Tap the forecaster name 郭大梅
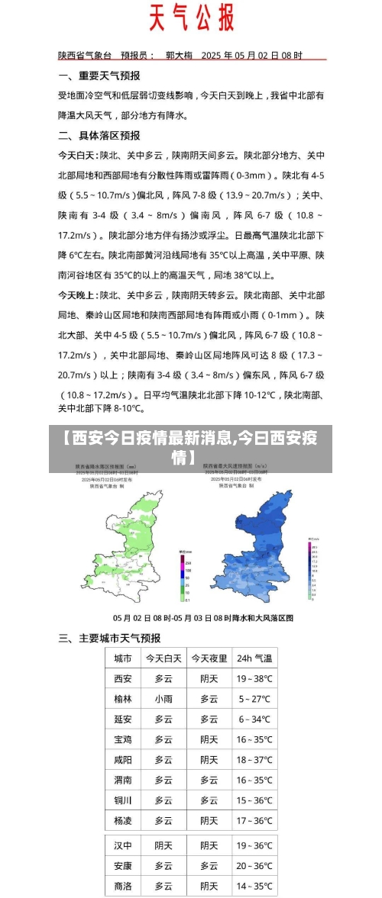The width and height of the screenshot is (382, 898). [x=181, y=56]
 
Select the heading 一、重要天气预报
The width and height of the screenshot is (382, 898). [x=99, y=76]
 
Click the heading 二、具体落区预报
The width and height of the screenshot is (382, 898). [x=99, y=135]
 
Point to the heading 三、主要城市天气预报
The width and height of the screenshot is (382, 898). [x=110, y=638]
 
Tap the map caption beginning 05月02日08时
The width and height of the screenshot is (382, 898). [x=202, y=617]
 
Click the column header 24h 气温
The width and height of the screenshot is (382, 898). [x=254, y=658]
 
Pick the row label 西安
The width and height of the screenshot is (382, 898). [x=123, y=679]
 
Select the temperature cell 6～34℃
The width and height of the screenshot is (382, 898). [x=254, y=719]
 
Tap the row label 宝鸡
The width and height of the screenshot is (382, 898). [x=123, y=739]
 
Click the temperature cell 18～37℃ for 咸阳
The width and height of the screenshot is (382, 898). [x=254, y=760]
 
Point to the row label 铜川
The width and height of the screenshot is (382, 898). [x=123, y=800]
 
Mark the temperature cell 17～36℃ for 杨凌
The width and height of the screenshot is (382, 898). [x=254, y=821]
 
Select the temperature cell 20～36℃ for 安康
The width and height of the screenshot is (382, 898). [x=254, y=866]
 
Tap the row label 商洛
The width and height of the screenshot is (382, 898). [x=123, y=887]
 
